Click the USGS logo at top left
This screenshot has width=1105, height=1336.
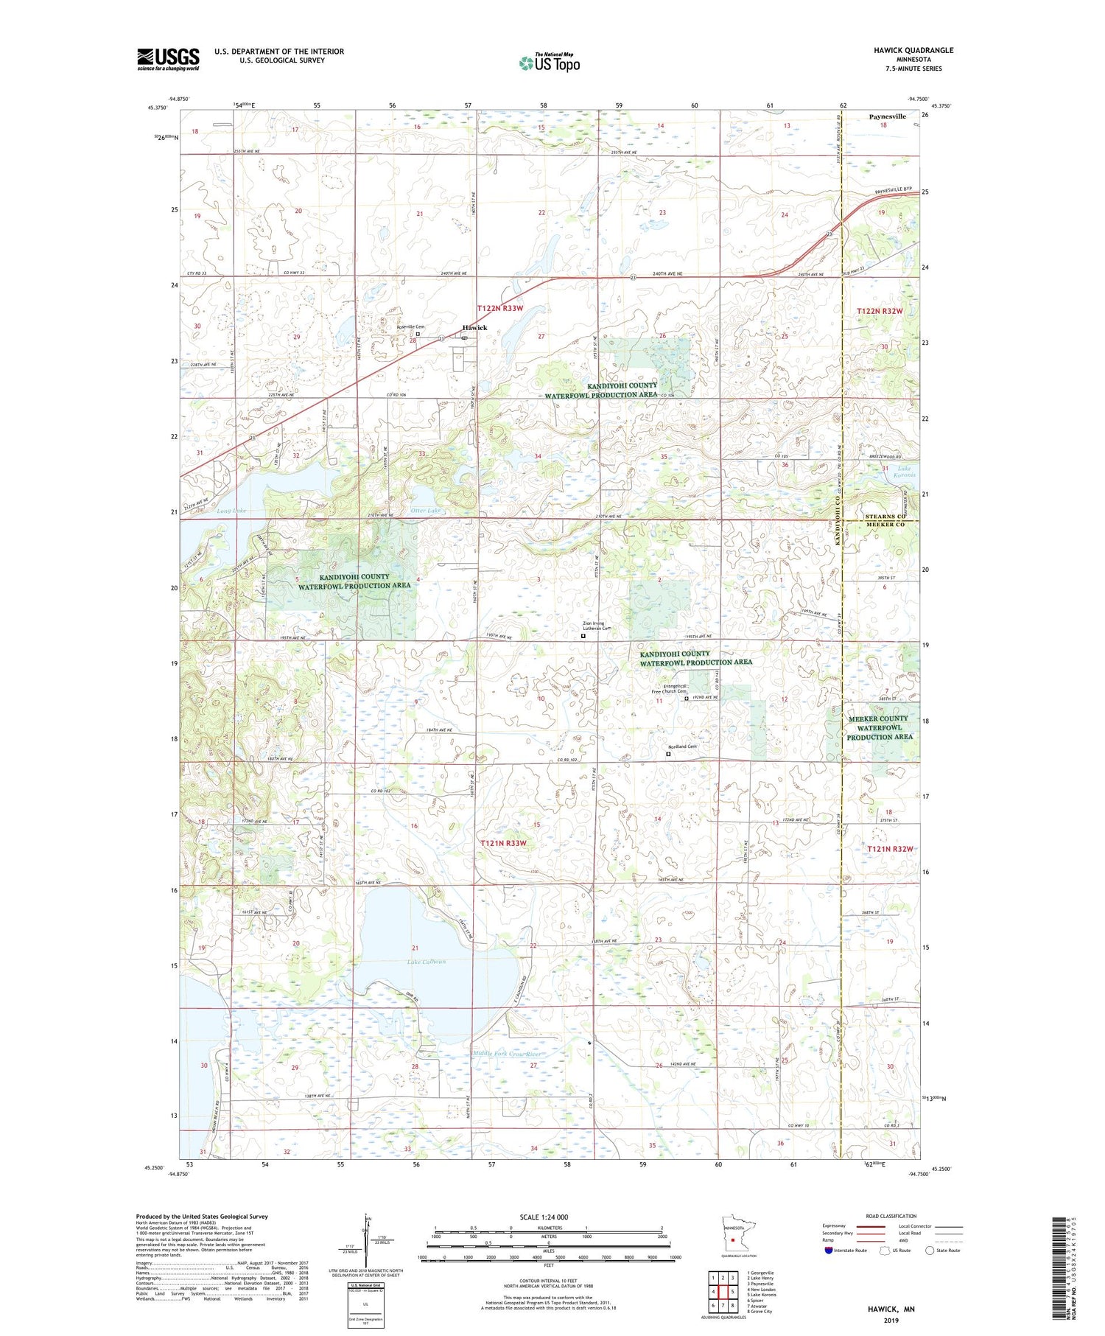pyautogui.click(x=168, y=59)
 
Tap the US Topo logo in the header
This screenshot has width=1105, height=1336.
pyautogui.click(x=549, y=63)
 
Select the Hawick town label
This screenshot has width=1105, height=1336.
pyautogui.click(x=474, y=328)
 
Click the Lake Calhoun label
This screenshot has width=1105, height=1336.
pyautogui.click(x=427, y=962)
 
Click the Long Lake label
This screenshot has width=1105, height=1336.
pyautogui.click(x=232, y=511)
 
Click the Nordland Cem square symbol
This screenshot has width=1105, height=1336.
pyautogui.click(x=669, y=754)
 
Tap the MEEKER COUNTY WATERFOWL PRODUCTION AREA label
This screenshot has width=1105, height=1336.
pyautogui.click(x=879, y=727)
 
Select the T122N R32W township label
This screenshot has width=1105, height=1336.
pyautogui.click(x=880, y=312)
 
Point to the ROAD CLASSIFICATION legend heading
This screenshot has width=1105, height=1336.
pyautogui.click(x=891, y=1216)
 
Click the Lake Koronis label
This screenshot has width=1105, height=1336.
pyautogui.click(x=905, y=472)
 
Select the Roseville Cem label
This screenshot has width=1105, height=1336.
pyautogui.click(x=410, y=326)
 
